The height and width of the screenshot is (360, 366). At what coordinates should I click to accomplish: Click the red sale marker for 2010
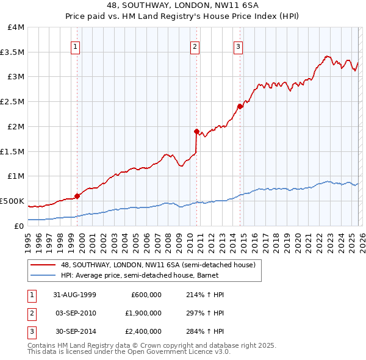[196, 131]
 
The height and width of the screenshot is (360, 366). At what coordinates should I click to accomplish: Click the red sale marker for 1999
[77, 196]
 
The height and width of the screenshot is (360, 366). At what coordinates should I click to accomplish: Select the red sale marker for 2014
[240, 106]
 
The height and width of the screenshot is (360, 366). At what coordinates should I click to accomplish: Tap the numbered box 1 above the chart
[75, 46]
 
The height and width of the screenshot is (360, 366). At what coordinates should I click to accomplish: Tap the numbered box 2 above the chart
[195, 46]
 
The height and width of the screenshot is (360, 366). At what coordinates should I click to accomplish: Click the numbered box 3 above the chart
[238, 46]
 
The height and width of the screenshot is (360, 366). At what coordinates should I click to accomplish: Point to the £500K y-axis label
[13, 201]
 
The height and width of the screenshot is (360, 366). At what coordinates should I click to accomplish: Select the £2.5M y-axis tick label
[13, 102]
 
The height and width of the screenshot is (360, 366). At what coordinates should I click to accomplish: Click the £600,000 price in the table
[146, 295]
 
